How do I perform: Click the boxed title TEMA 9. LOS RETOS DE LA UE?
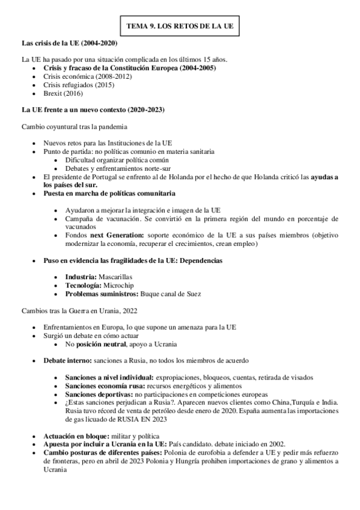tap(180, 27)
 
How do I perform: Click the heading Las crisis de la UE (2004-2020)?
tap(69, 44)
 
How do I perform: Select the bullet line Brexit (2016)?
tap(63, 93)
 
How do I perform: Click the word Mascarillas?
tap(115, 277)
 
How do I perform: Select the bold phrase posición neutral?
tap(99, 343)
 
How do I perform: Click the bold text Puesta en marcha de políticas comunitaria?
tap(109, 194)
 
